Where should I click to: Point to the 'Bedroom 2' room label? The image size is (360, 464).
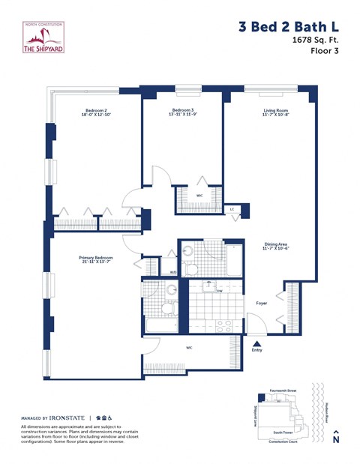click(x=95, y=111)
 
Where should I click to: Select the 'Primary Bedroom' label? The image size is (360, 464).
click(x=96, y=258)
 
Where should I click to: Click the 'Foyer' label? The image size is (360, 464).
click(x=261, y=304)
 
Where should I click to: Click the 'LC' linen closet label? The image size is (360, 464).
click(x=232, y=209)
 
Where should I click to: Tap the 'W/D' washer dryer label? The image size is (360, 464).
click(x=172, y=271)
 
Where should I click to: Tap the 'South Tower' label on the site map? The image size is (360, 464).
click(x=283, y=433)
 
